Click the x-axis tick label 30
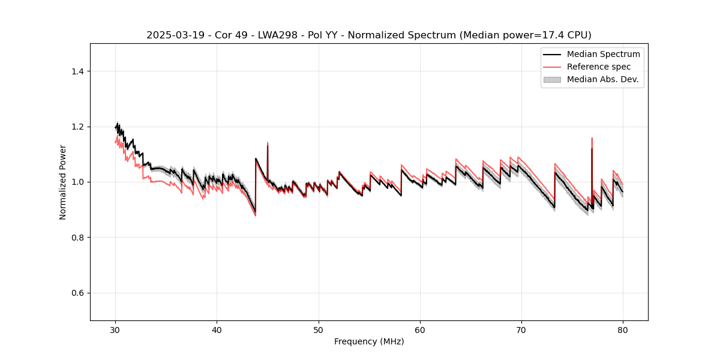click(x=115, y=330)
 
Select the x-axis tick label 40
click(x=217, y=330)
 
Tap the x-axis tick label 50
click(x=319, y=330)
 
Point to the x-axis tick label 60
click(x=420, y=330)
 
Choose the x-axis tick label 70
click(x=521, y=330)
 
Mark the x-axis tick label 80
click(x=623, y=330)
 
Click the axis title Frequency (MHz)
click(x=369, y=341)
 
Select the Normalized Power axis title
click(x=63, y=182)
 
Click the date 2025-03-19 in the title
click(x=169, y=35)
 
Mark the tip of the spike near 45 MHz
click(x=268, y=143)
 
